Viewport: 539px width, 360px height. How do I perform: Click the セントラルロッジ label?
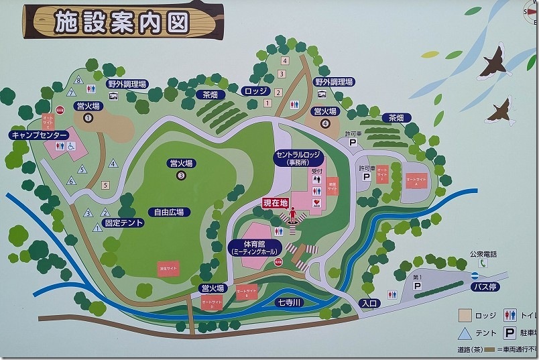click(x=299, y=158)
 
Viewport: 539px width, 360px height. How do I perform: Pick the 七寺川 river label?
click(x=292, y=302)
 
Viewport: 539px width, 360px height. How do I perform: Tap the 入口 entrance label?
click(x=370, y=303)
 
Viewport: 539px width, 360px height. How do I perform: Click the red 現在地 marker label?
click(x=276, y=202)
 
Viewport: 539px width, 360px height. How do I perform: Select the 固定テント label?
click(x=123, y=223)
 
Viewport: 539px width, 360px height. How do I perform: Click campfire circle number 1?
click(x=87, y=118)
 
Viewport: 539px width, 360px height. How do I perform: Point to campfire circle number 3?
click(x=181, y=176)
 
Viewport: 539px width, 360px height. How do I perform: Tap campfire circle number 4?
click(x=326, y=123)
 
